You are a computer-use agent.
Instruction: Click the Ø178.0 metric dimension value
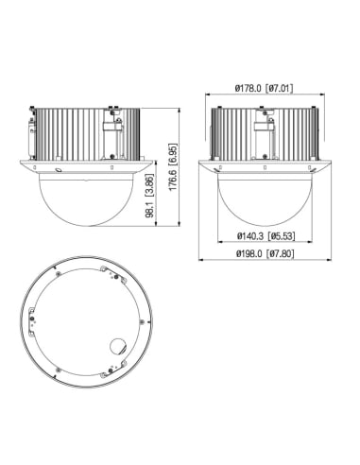click(x=249, y=88)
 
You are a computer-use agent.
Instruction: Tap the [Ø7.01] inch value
click(x=280, y=88)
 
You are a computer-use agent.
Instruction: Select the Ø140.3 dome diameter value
click(x=250, y=235)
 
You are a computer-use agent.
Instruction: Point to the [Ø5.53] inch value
click(x=282, y=235)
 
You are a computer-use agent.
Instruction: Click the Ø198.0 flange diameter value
click(x=249, y=253)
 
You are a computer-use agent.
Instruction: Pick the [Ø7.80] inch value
click(x=281, y=253)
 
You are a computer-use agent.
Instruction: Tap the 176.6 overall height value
click(x=173, y=180)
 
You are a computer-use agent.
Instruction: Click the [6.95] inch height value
click(x=173, y=154)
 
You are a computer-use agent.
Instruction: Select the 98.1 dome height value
click(x=150, y=211)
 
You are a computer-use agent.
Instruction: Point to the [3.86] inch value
click(x=150, y=187)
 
